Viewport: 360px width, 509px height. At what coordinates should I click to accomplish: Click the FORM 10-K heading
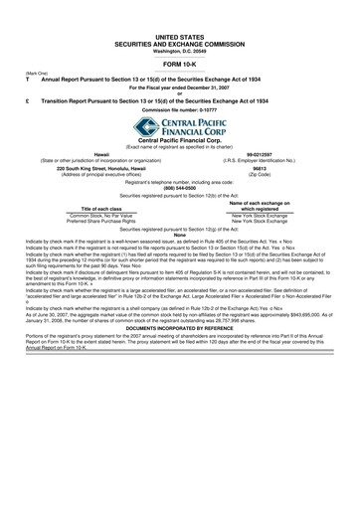(x=179, y=63)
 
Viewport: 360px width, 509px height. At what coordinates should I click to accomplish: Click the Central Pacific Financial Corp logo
(x=179, y=126)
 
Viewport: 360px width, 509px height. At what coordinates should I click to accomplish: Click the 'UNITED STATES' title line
(x=179, y=35)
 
